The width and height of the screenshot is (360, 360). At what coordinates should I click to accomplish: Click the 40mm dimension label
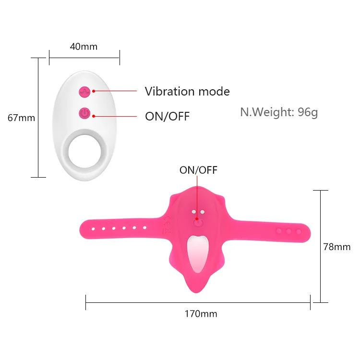[x=84, y=47]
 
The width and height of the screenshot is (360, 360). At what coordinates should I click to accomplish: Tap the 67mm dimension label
[x=21, y=117]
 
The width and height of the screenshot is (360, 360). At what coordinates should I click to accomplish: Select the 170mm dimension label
[x=201, y=314]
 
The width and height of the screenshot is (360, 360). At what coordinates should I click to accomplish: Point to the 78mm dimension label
[x=336, y=247]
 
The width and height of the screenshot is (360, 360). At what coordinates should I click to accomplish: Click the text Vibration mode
[x=187, y=91]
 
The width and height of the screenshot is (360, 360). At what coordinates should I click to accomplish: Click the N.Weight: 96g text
[x=279, y=112]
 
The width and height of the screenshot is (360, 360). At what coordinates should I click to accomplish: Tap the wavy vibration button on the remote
[x=84, y=91]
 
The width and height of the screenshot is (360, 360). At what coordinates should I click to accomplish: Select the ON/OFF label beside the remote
[x=167, y=116]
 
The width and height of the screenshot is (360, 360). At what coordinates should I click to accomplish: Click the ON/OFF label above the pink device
[x=198, y=170]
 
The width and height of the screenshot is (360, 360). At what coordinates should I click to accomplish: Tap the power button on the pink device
[x=198, y=222]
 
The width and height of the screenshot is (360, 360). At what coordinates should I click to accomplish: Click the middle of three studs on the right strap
[x=288, y=231]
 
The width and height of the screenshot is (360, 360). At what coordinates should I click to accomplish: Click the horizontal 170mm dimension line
[x=144, y=302]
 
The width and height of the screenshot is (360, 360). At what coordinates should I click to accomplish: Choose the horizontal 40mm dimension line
[x=84, y=58]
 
